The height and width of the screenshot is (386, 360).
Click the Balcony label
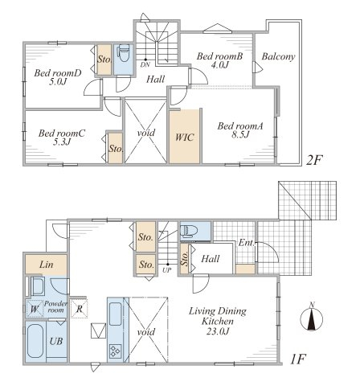(x=278, y=56)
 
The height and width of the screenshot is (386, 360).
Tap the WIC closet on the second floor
(x=185, y=137)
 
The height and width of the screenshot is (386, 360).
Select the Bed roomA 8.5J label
(x=240, y=130)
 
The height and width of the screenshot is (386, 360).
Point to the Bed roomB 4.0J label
(x=219, y=60)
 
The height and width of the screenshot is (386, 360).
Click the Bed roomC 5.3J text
(x=62, y=138)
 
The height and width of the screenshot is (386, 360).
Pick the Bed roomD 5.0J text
(x=58, y=77)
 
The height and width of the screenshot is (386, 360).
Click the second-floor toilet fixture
(x=124, y=53)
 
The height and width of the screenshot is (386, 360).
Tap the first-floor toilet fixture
(x=189, y=231)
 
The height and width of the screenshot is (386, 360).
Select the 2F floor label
(x=314, y=160)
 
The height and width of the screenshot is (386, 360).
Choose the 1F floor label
(x=298, y=359)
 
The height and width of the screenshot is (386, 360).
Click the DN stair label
(x=145, y=64)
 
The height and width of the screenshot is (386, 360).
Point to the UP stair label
(x=167, y=270)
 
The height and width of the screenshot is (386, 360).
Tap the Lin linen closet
(x=46, y=265)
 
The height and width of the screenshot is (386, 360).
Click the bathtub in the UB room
(x=35, y=341)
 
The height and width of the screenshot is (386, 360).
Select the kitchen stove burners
(x=116, y=351)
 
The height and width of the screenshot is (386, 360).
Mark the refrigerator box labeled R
(x=80, y=309)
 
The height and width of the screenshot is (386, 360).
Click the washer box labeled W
(x=35, y=309)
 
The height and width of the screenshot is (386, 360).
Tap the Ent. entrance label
(x=246, y=243)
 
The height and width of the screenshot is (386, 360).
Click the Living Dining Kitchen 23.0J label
(x=218, y=321)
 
